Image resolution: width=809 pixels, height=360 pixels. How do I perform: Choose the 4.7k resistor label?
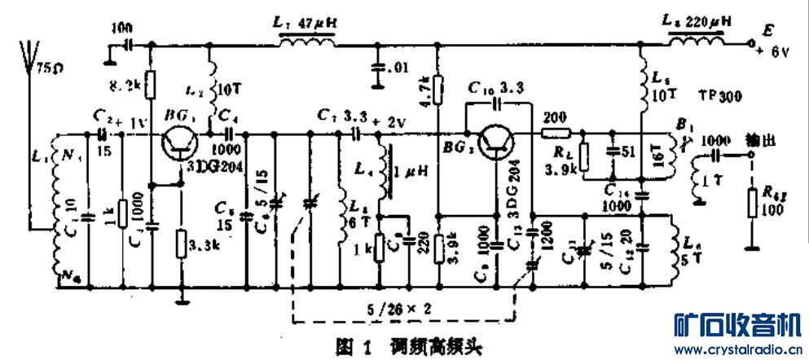tap(424, 87)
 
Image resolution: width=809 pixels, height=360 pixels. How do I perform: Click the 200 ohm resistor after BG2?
tap(556, 132)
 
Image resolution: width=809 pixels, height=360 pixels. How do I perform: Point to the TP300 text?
tap(719, 96)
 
